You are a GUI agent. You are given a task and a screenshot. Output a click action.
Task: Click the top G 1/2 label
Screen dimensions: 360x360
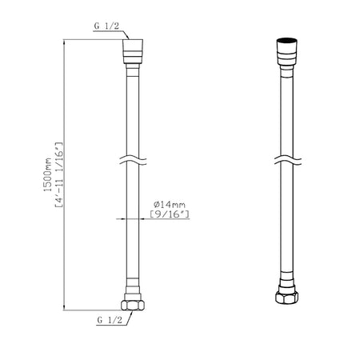[106, 26]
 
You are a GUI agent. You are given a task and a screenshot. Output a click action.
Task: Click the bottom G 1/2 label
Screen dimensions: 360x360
[110, 319]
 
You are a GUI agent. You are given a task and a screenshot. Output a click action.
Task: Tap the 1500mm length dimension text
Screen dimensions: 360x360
[48, 174]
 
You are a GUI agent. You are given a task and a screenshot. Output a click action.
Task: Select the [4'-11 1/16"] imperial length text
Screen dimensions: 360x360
[59, 174]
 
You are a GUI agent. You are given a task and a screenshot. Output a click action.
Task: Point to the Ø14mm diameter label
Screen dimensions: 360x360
[170, 205]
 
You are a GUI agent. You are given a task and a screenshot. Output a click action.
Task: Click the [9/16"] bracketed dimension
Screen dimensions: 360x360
[170, 214]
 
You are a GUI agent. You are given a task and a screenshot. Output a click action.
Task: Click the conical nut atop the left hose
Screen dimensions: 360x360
[133, 51]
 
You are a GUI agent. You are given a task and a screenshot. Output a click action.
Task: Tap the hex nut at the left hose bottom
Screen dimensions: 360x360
[133, 306]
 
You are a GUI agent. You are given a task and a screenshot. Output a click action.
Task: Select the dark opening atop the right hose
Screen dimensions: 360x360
[287, 41]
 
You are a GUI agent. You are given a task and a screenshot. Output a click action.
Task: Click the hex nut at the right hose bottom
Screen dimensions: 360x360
[287, 297]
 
